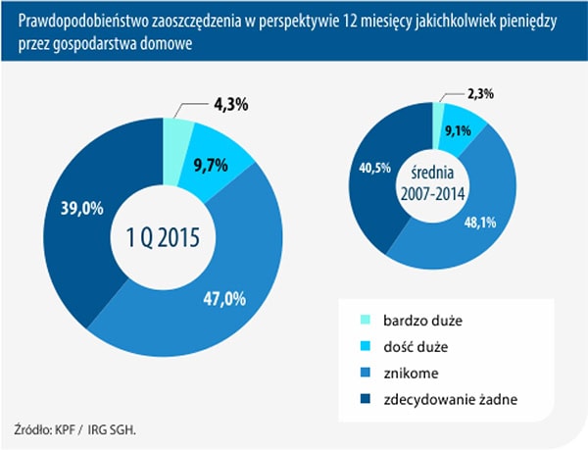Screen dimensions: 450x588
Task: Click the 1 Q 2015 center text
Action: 162,237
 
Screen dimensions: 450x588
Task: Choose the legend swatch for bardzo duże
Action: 367,321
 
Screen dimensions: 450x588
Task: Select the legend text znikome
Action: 416,372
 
